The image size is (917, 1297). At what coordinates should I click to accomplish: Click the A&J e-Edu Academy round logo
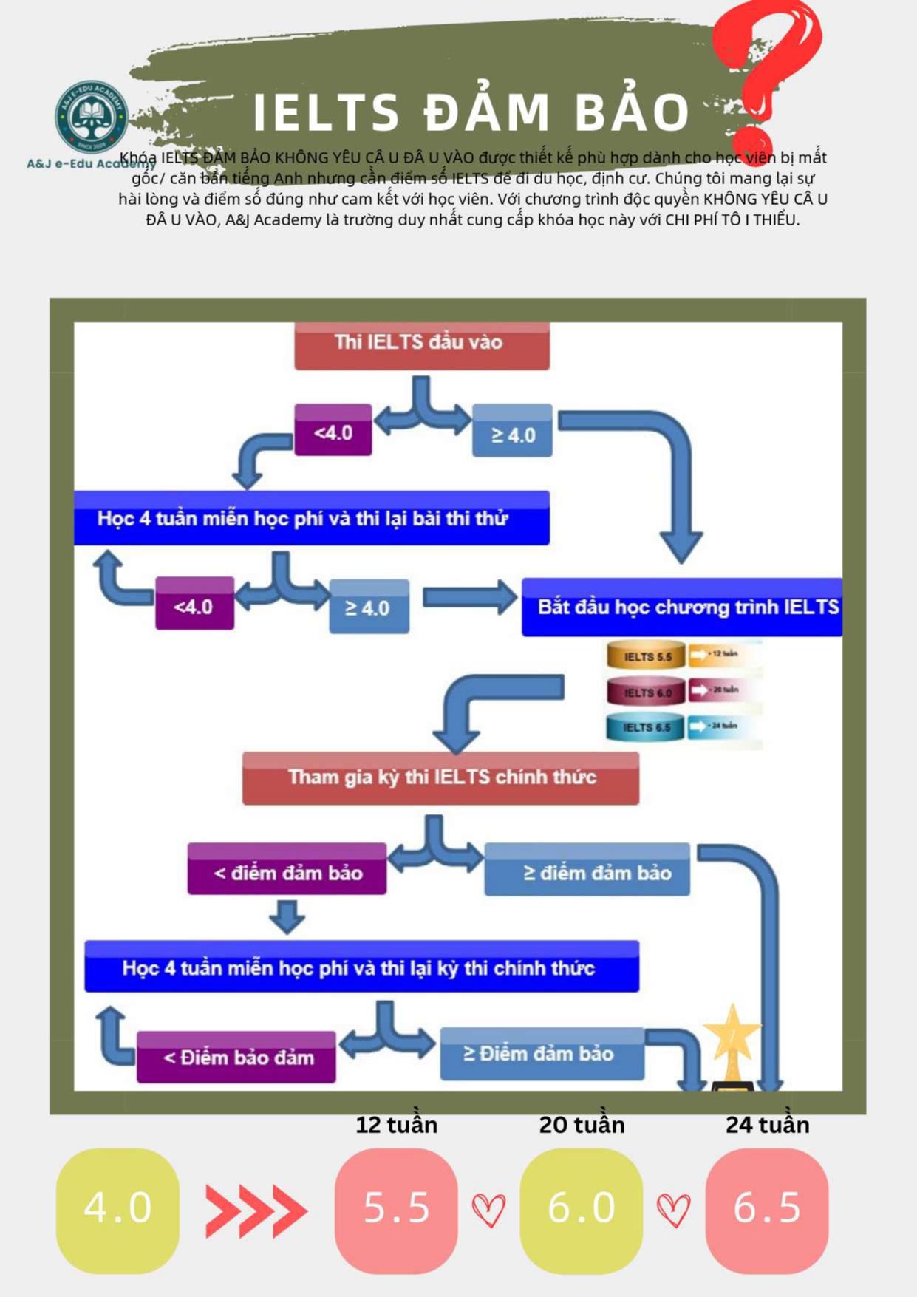point(92,117)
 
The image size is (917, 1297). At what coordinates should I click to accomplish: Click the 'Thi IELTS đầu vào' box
point(421,344)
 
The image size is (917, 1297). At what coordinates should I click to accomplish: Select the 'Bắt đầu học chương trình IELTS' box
point(681,607)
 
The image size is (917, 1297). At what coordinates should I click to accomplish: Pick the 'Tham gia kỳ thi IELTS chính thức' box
point(440,777)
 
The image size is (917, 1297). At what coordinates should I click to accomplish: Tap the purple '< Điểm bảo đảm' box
point(236,1057)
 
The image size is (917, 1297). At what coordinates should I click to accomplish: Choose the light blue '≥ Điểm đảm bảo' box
point(542,1053)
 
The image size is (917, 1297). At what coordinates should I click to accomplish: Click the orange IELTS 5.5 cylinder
point(646,656)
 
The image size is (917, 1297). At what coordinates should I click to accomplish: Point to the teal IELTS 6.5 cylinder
point(646,727)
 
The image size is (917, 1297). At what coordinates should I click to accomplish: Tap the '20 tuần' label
point(582,1125)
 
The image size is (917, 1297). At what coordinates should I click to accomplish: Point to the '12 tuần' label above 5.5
point(396,1125)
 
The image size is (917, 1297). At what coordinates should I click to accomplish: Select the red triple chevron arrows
point(256,1211)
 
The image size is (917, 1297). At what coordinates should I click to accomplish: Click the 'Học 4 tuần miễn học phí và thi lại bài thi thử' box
point(311,518)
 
